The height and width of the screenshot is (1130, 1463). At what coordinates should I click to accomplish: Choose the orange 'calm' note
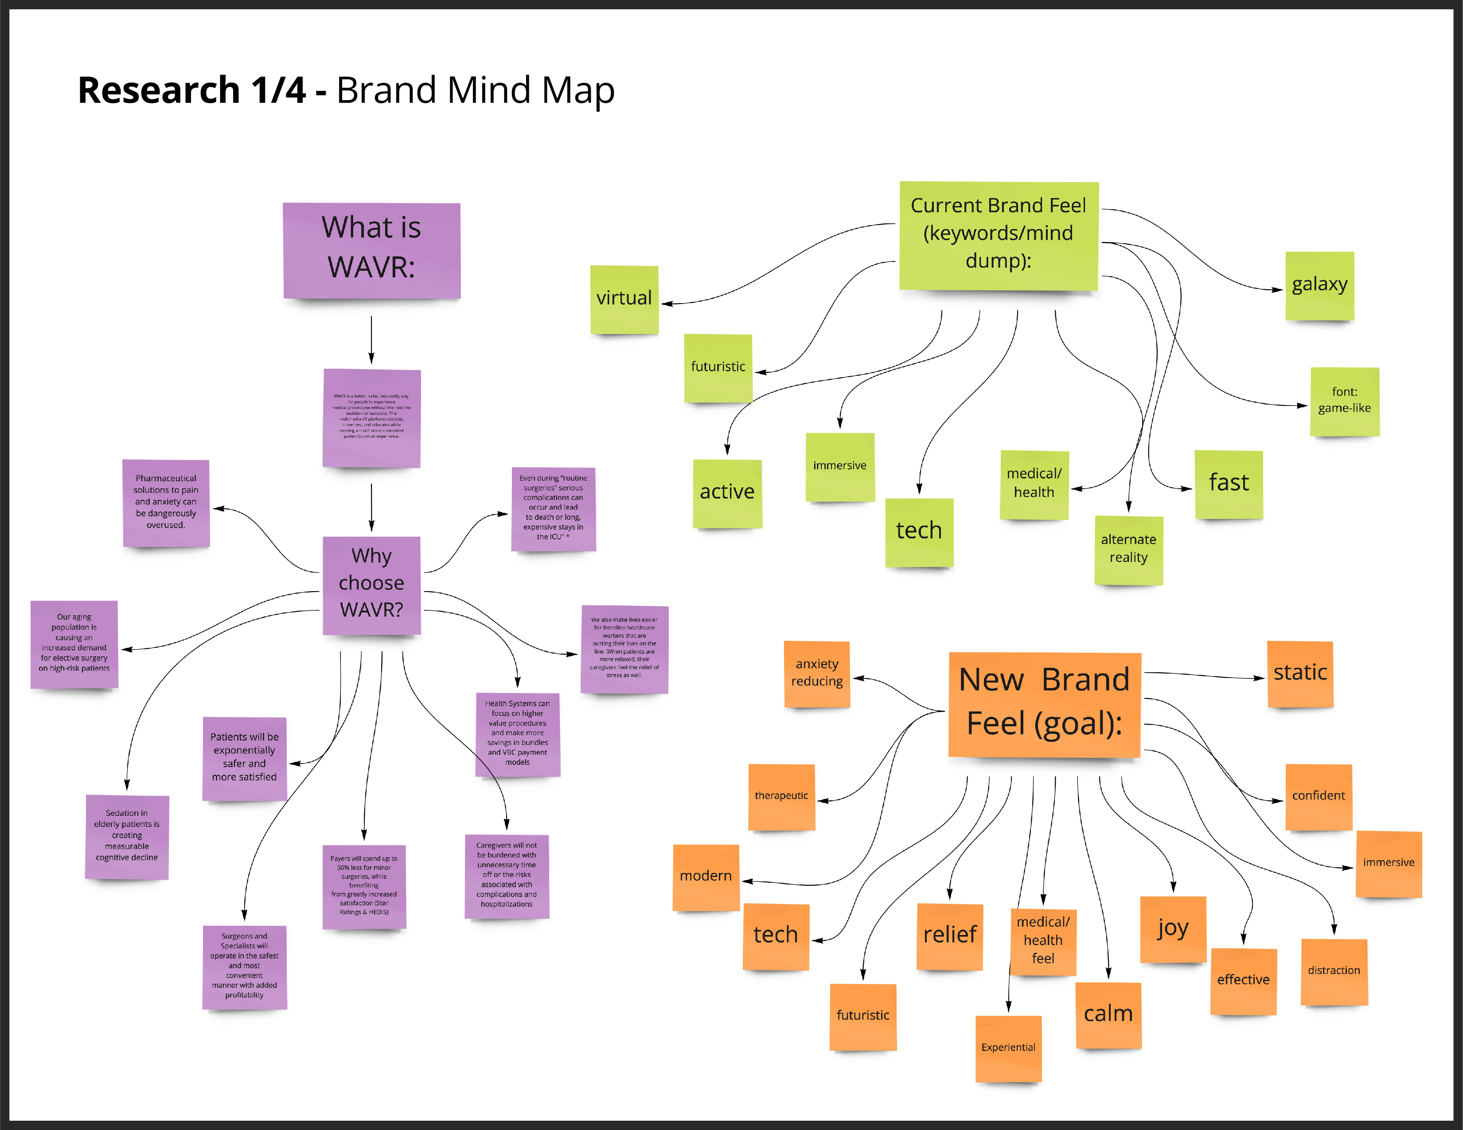coord(1108,1014)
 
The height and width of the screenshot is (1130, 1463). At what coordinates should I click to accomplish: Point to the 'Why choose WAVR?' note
coord(372,584)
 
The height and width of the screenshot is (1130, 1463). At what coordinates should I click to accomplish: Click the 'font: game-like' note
coord(1344,401)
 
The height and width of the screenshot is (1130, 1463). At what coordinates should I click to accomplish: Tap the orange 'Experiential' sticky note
coord(1008,1048)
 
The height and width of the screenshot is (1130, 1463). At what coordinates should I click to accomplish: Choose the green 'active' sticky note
coord(727,493)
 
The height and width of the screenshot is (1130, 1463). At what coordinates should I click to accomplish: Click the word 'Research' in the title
coord(159,90)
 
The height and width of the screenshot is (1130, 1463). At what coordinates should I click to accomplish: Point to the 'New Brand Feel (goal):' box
coord(1044,703)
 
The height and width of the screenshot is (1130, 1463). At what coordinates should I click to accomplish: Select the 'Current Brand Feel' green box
coord(998,234)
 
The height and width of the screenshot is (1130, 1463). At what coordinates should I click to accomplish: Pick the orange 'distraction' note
coord(1334,971)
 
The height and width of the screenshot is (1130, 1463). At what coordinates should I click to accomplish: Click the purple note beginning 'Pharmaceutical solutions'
coord(166,503)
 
